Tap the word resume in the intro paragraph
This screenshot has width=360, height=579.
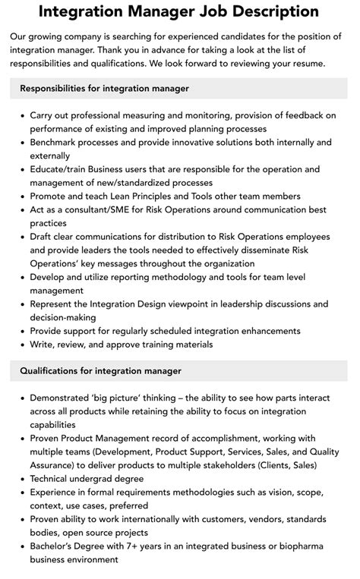(x=306, y=64)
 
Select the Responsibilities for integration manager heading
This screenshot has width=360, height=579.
(x=105, y=89)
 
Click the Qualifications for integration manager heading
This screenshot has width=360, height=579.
(x=101, y=371)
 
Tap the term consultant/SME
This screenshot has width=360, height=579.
(x=103, y=209)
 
